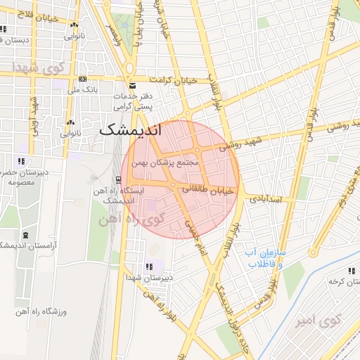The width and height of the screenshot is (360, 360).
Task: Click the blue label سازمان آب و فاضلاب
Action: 263,257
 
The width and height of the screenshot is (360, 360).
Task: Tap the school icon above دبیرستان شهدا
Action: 149,267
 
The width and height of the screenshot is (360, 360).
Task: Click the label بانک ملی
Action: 83,90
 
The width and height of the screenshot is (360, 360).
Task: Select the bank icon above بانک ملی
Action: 83,79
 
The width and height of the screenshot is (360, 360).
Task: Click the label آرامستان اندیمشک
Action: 26,245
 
